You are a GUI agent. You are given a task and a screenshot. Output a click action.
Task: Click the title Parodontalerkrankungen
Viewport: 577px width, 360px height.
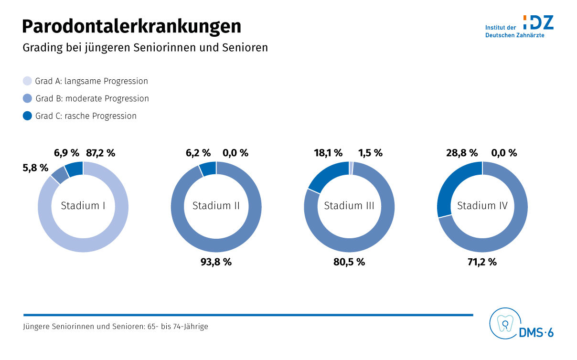[131, 26]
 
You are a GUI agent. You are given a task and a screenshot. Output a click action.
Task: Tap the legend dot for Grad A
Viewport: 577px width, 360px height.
[28, 81]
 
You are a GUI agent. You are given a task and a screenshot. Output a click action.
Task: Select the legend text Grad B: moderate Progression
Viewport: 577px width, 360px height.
[92, 99]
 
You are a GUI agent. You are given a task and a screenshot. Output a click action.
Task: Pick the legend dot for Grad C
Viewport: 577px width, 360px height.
[28, 116]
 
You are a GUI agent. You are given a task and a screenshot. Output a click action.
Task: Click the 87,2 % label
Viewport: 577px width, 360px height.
[101, 153]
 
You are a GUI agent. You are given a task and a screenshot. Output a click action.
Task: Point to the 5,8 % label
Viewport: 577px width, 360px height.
[35, 168]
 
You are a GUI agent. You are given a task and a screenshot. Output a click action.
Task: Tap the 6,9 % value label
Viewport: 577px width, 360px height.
[66, 153]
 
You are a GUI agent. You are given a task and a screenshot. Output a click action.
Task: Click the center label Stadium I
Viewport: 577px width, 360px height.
[83, 206]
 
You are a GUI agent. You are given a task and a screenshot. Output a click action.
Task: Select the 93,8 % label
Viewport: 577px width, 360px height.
[216, 262]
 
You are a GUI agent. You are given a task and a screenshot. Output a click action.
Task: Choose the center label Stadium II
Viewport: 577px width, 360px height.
[216, 206]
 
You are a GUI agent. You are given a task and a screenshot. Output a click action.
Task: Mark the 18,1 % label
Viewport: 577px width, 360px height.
[328, 153]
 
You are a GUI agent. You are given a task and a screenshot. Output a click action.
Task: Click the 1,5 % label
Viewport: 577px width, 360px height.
[370, 153]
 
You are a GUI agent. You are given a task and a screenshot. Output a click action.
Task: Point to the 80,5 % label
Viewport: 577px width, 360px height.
[349, 262]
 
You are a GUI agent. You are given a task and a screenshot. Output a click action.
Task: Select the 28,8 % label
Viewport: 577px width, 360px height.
[462, 153]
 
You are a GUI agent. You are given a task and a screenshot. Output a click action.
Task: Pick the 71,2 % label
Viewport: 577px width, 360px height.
[482, 262]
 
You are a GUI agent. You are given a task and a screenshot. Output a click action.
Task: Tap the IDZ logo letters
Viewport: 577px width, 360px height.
[539, 22]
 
